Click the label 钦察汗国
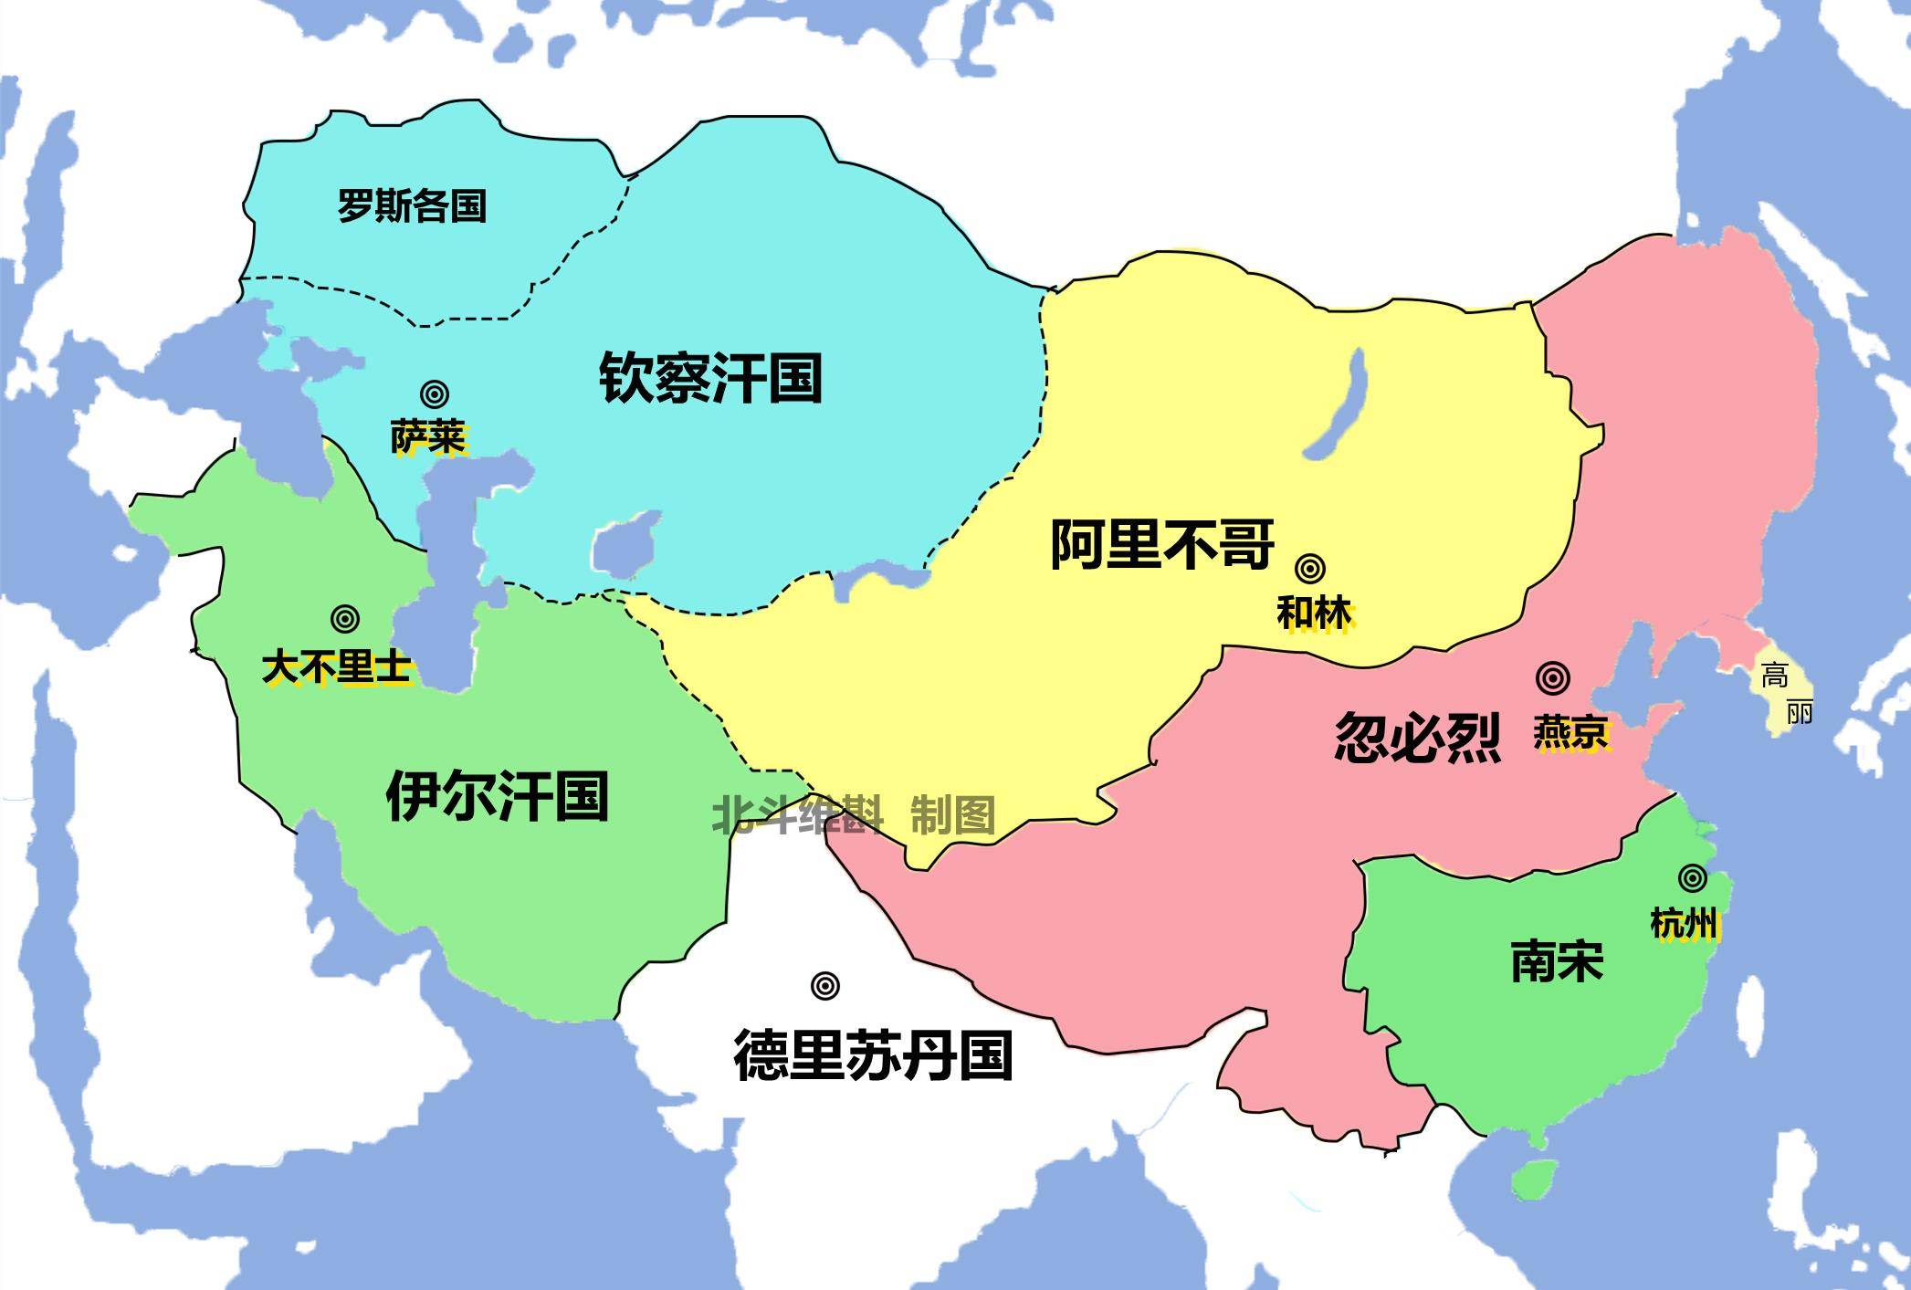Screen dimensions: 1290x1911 tap(710, 378)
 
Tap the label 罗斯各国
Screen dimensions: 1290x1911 tap(412, 205)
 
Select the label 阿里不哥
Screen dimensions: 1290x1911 tap(1161, 544)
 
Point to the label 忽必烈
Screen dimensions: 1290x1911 tap(1418, 737)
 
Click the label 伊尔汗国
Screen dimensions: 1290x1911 tap(498, 795)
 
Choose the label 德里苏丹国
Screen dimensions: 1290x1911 tap(873, 1055)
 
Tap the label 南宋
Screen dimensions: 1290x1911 tap(1557, 962)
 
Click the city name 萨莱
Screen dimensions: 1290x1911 tap(428, 437)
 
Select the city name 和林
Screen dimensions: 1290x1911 tap(1314, 613)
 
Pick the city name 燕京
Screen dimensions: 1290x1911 tap(1570, 732)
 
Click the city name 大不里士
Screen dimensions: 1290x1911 tap(336, 666)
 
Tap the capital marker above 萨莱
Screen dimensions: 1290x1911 tap(435, 394)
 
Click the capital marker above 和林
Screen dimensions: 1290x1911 tap(1311, 569)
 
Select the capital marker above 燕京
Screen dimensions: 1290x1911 tap(1553, 678)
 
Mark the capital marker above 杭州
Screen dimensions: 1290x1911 tap(1692, 878)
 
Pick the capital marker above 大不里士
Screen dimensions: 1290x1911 tap(344, 618)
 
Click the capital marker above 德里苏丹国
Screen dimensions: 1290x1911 tap(824, 985)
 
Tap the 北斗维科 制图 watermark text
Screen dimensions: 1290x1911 tap(854, 814)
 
